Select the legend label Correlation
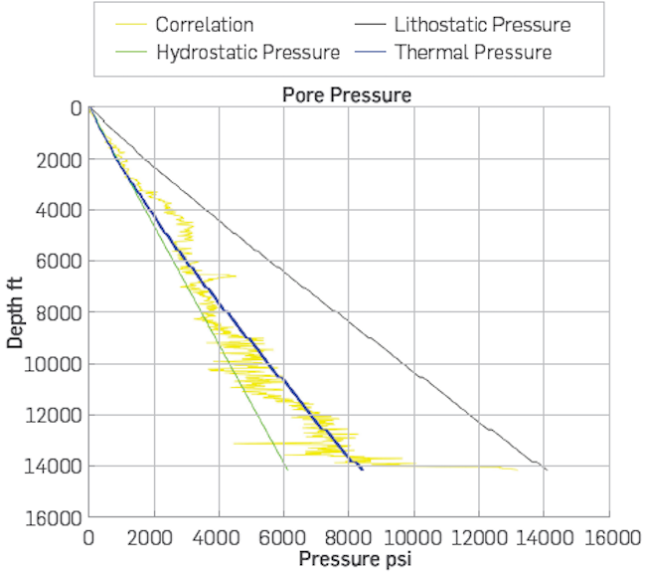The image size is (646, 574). pos(204,25)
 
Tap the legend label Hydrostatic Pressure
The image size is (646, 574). pos(247,52)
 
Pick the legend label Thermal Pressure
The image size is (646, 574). pos(473,52)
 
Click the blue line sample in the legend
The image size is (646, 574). pos(365,52)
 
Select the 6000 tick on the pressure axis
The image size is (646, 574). pos(284,538)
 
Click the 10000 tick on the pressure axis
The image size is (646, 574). pos(413,538)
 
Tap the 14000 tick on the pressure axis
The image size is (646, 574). pos(544,538)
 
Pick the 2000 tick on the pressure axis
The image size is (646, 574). pos(154,538)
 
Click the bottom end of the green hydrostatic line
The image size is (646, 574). pos(287,470)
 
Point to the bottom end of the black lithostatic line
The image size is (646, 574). pos(547,470)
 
